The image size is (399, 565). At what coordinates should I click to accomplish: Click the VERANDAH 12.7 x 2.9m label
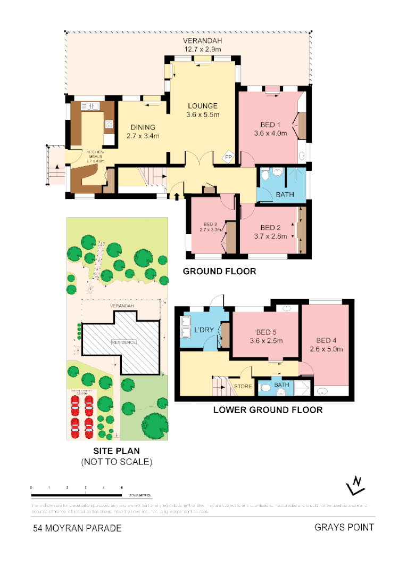click(x=202, y=45)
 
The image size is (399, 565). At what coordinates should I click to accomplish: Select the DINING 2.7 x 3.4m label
click(x=143, y=132)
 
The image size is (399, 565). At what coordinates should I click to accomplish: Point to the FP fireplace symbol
click(x=228, y=158)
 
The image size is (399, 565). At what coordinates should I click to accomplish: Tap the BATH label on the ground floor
click(x=285, y=194)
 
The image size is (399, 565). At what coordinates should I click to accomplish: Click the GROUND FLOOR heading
click(x=219, y=271)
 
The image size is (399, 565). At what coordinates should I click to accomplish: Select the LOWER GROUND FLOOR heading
click(x=268, y=410)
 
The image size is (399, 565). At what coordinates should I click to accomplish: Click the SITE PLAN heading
click(x=115, y=452)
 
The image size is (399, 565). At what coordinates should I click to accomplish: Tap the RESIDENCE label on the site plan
click(x=123, y=342)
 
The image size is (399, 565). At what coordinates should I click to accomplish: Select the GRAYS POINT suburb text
click(x=344, y=528)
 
